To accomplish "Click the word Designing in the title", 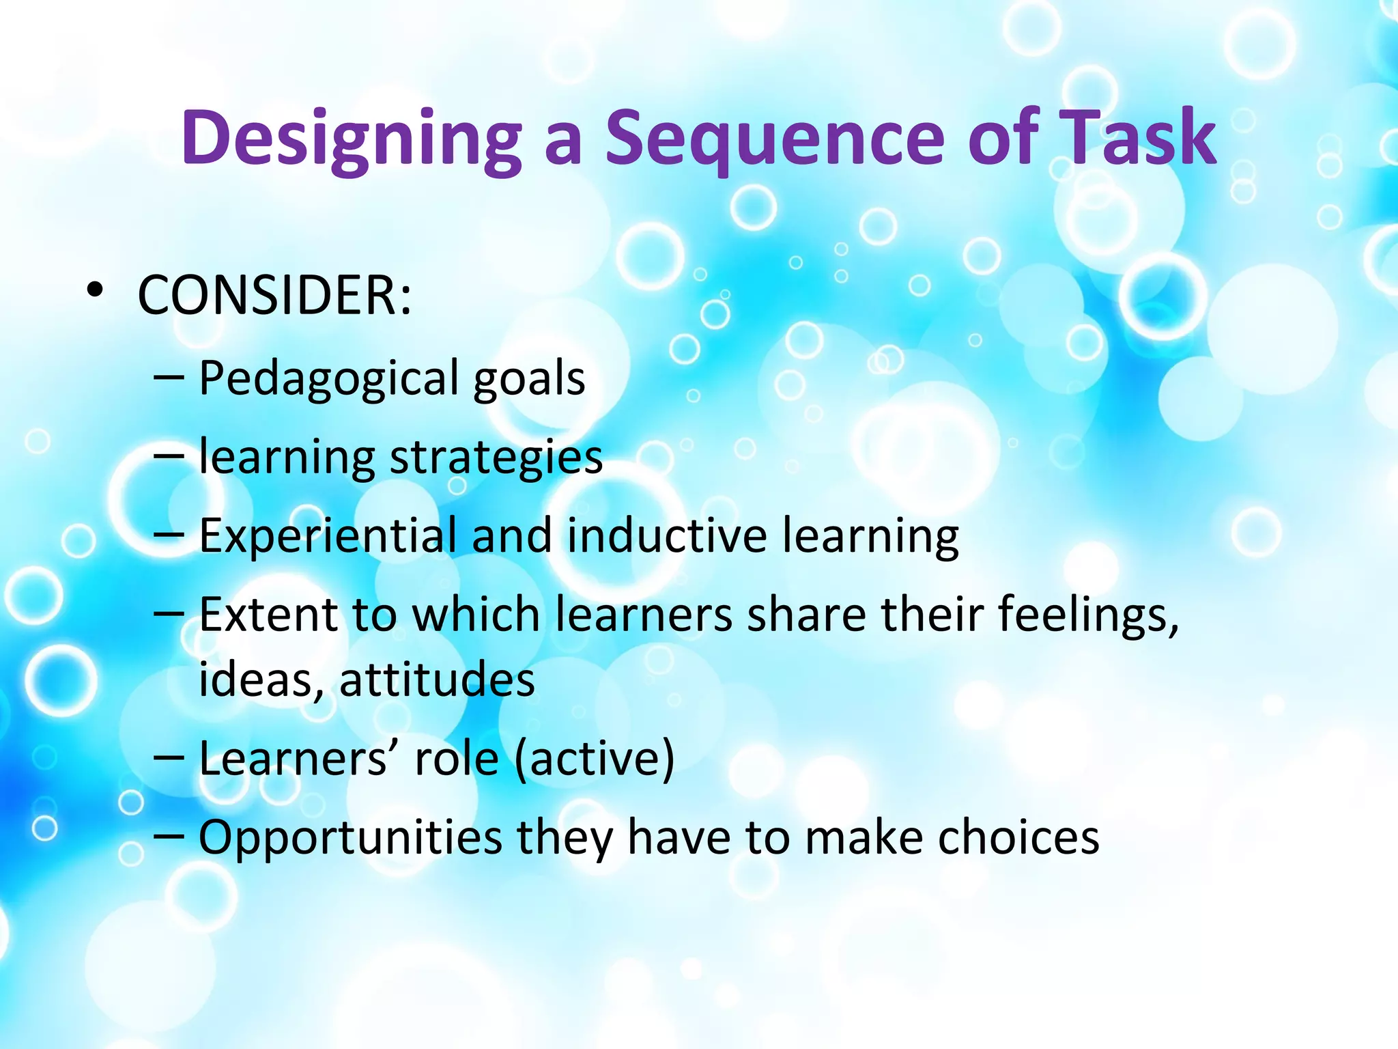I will pos(352,140).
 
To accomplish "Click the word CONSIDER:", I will pos(275,296).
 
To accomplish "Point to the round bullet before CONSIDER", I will pos(95,292).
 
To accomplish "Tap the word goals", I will pos(529,380).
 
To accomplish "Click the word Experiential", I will pos(328,537).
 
